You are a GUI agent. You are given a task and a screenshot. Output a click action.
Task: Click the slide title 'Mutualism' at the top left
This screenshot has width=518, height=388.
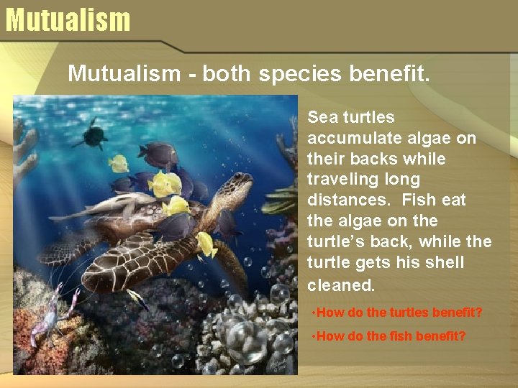[x=68, y=19]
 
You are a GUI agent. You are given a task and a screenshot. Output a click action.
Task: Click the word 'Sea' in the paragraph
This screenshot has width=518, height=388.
[x=322, y=117]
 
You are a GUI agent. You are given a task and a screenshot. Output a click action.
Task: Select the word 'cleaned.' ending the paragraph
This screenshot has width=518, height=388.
[x=341, y=285]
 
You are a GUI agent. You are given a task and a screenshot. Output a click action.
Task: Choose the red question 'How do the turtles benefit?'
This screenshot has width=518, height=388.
[x=399, y=313]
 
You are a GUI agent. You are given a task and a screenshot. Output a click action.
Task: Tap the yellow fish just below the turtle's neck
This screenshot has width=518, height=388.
[x=206, y=244]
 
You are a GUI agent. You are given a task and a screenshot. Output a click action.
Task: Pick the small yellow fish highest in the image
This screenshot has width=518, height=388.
[x=118, y=164]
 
